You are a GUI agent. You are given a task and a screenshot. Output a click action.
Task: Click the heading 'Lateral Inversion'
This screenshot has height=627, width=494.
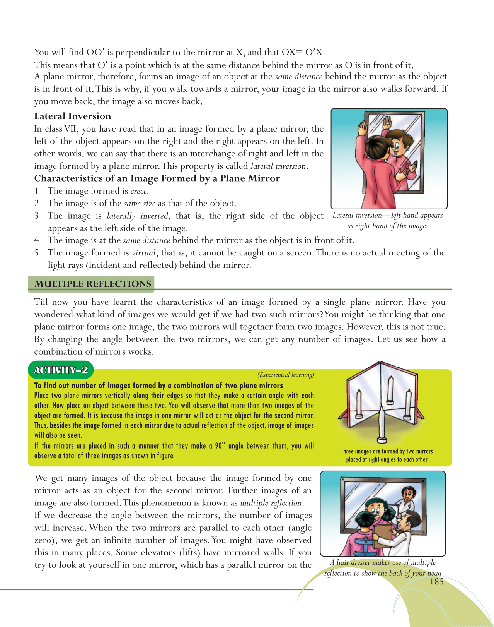click(73, 116)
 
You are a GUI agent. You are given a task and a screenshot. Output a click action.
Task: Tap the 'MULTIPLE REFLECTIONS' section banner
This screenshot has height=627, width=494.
click(92, 284)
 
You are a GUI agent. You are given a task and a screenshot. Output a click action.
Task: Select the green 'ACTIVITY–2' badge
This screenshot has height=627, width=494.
click(61, 370)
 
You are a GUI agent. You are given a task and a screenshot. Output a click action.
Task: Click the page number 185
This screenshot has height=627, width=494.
click(437, 582)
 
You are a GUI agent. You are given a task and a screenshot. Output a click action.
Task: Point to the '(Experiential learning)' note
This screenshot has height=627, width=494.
click(286, 375)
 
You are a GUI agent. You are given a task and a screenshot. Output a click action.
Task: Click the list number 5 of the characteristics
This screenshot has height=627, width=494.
click(37, 253)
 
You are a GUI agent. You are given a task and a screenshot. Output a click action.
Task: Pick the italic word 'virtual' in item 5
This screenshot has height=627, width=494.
click(143, 253)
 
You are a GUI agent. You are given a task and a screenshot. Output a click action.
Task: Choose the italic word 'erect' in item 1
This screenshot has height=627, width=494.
click(138, 191)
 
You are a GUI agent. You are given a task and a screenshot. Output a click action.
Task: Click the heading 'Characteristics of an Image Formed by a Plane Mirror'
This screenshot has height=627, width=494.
click(157, 178)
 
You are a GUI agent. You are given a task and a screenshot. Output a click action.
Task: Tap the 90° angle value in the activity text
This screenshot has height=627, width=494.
click(219, 445)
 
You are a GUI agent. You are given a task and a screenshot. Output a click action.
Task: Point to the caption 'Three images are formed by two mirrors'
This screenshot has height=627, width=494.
click(387, 451)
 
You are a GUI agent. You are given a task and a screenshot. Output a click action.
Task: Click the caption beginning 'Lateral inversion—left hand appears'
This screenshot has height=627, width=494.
click(387, 216)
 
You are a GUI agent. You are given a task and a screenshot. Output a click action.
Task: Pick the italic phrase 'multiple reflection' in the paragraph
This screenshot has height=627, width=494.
click(271, 503)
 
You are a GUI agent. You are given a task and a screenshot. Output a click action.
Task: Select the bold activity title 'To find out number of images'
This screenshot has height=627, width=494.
click(158, 385)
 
